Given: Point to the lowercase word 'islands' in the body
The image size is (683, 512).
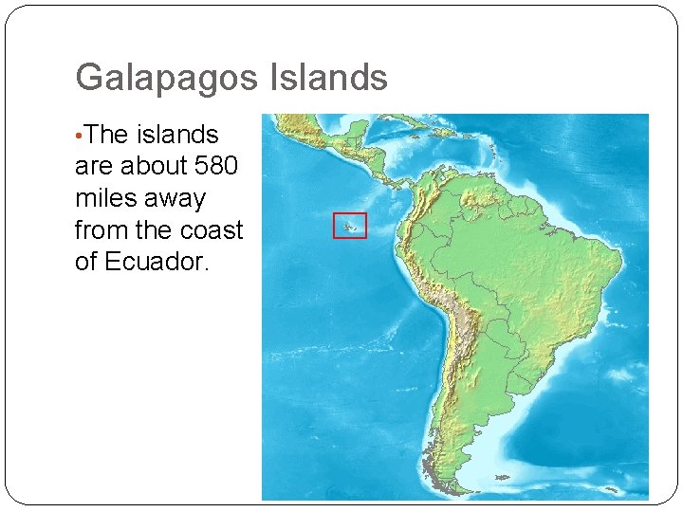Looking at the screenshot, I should [x=177, y=135].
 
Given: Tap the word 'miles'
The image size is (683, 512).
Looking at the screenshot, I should [x=107, y=198].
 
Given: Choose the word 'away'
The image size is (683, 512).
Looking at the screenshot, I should [x=176, y=199].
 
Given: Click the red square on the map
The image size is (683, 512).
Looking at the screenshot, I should [x=349, y=225].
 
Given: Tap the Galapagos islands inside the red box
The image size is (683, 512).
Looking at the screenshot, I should [x=349, y=227].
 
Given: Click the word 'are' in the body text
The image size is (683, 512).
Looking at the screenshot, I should [x=93, y=166].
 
